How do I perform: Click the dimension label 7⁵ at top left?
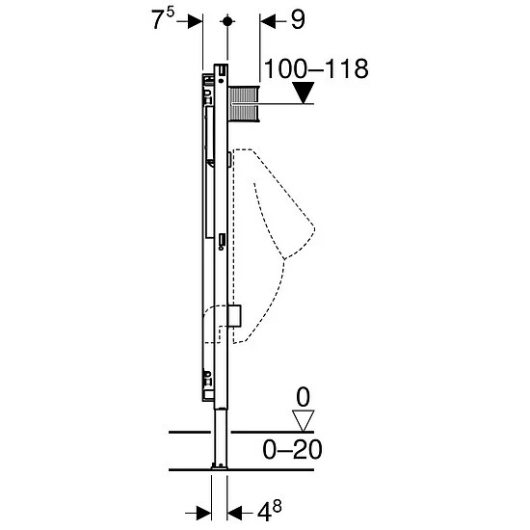[x=163, y=18]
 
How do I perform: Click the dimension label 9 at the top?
[x=298, y=20]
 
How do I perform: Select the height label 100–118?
[x=316, y=69]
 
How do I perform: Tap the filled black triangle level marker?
[x=304, y=93]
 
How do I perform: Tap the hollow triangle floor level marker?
[x=304, y=421]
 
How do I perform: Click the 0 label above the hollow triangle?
[x=303, y=397]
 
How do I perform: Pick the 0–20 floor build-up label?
[x=292, y=450]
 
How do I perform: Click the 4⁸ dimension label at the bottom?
[x=270, y=511]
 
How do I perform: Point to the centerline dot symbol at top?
[x=227, y=21]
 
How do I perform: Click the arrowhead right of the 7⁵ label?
[x=196, y=21]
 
